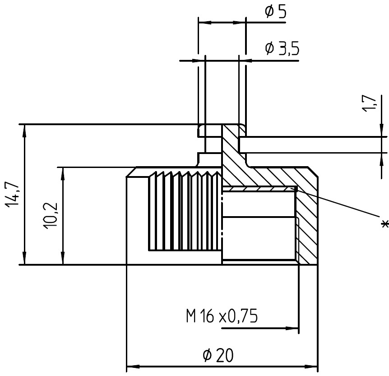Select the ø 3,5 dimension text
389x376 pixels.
(x=282, y=48)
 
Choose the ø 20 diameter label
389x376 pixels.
(x=218, y=355)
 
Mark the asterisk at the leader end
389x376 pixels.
(x=384, y=223)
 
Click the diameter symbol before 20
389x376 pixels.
(x=207, y=356)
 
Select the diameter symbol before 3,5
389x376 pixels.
(x=269, y=48)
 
